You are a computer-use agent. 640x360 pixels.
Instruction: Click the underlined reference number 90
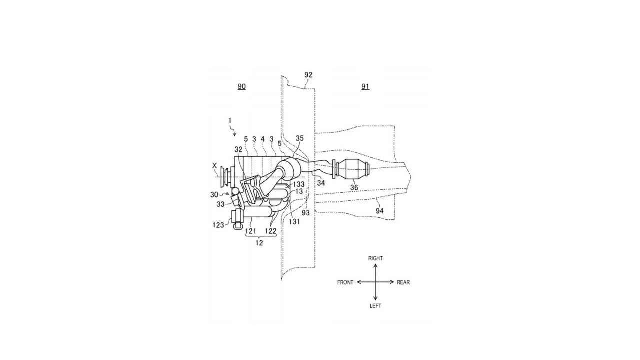241,86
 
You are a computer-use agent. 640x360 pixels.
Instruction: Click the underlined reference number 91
365,86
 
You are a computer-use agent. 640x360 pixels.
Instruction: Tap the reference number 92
308,75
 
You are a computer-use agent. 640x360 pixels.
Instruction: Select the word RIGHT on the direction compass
375,258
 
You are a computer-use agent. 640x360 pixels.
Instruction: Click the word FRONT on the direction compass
345,282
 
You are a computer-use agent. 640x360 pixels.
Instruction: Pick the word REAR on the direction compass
403,282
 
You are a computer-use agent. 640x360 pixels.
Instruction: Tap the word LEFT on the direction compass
375,306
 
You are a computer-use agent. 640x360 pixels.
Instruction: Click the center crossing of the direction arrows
375,282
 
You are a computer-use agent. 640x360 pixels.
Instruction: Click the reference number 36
354,187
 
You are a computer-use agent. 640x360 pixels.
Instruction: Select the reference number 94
379,211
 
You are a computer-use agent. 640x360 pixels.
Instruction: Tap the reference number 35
300,138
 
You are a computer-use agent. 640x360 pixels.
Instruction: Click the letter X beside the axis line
214,165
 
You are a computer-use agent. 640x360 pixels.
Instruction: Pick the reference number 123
218,225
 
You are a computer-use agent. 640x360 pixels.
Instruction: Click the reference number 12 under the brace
259,243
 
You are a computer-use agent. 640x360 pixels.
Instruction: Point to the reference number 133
299,184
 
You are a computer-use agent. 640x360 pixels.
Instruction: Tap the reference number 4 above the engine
263,139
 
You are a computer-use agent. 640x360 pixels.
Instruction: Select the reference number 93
306,213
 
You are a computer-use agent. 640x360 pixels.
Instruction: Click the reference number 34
321,183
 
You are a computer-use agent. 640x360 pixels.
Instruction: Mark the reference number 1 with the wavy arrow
230,121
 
